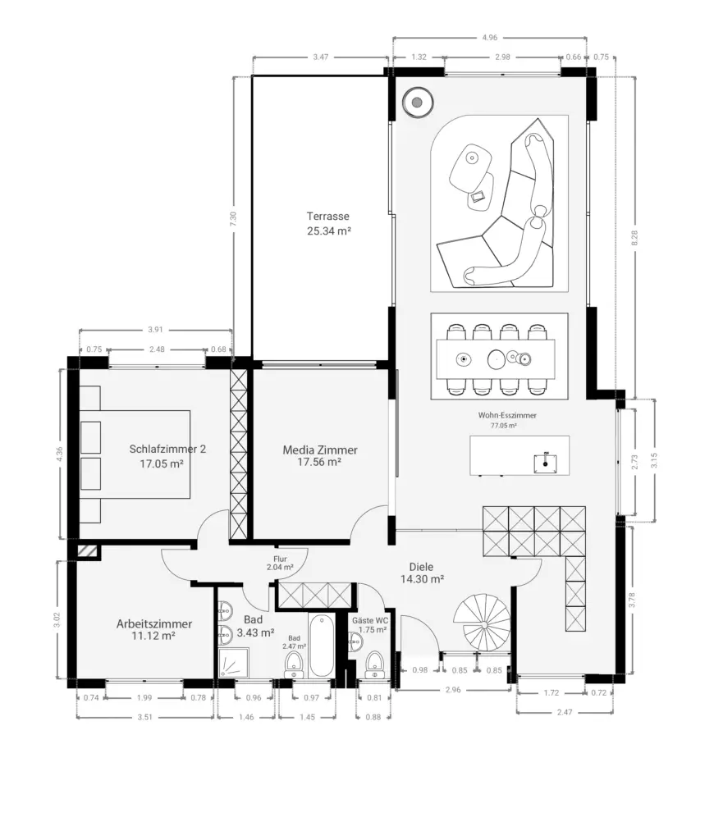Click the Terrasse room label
328,217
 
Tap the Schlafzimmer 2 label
167,449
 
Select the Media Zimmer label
320,450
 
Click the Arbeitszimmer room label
153,623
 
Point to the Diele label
421,567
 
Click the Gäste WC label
370,620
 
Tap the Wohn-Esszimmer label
507,415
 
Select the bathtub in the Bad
321,645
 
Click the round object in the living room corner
418,102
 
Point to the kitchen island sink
545,463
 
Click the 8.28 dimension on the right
634,238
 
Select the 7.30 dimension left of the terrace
232,218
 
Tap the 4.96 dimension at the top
489,38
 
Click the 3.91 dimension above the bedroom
155,330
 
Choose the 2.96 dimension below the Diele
453,689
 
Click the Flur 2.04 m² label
280,563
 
